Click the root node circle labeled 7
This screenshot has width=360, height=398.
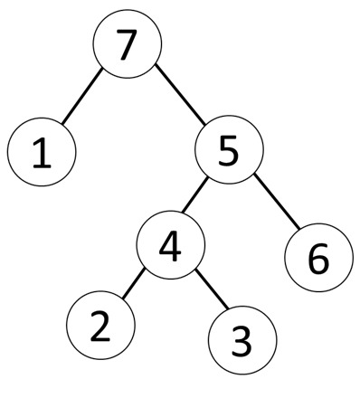[128, 45]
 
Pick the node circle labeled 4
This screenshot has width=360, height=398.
[171, 246]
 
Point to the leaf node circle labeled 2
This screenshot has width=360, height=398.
[100, 324]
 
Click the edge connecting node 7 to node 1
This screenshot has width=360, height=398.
[82, 99]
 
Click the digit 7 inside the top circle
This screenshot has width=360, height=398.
[128, 45]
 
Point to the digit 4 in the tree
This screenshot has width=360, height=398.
[171, 246]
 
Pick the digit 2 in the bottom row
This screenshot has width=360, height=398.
[100, 324]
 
